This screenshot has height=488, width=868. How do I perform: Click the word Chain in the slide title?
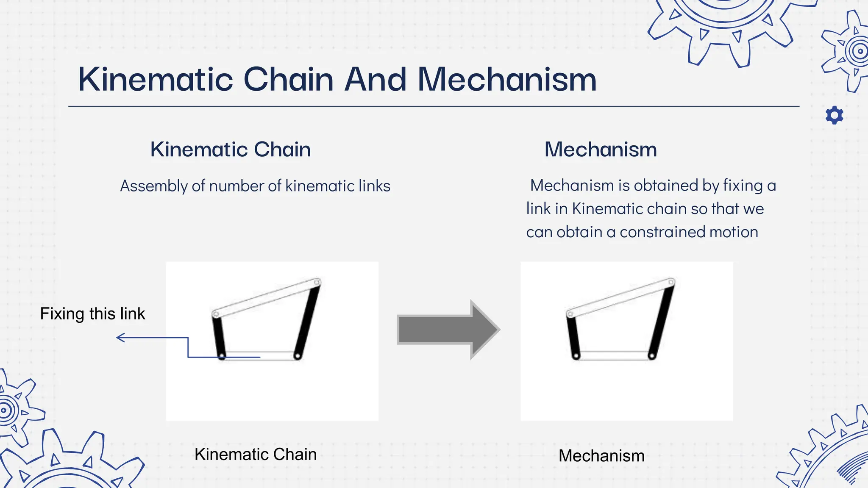[x=288, y=80]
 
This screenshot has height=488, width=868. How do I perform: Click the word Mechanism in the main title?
[x=507, y=80]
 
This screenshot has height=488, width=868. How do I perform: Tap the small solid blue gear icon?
[x=834, y=115]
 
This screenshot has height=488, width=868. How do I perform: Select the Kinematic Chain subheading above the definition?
[x=230, y=150]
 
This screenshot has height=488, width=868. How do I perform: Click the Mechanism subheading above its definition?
[x=600, y=150]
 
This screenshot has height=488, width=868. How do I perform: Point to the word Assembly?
[x=153, y=186]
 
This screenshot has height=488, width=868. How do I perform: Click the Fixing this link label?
[x=92, y=314]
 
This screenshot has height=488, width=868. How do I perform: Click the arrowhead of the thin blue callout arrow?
[x=120, y=338]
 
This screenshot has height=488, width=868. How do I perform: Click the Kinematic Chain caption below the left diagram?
[x=255, y=455]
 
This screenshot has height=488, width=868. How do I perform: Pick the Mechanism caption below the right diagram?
[x=601, y=456]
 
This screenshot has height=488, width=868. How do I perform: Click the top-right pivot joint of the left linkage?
[x=317, y=282]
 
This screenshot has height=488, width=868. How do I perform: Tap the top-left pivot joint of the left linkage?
[x=216, y=314]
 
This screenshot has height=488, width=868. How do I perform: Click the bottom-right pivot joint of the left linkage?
[x=297, y=356]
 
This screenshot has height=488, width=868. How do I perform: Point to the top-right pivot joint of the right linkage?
[x=671, y=282]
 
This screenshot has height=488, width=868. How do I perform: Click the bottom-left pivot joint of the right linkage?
[x=576, y=356]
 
